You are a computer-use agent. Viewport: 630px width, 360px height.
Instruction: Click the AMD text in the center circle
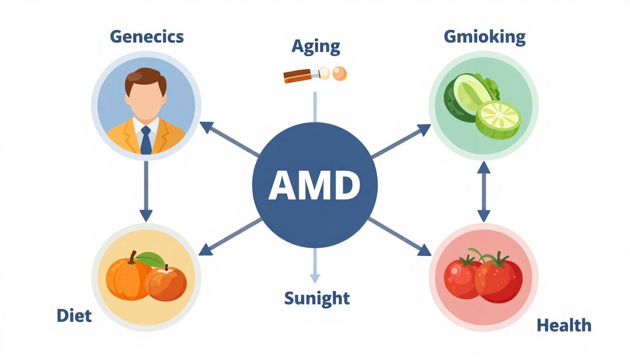pos(315,185)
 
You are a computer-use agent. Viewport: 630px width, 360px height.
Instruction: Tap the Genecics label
pos(147,37)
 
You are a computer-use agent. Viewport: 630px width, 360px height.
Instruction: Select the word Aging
pos(315,46)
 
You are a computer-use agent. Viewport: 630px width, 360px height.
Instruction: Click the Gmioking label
pos(484,37)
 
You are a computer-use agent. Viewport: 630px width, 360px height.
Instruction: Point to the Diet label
pos(74,315)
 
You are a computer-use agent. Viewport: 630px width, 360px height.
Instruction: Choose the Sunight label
pos(316,298)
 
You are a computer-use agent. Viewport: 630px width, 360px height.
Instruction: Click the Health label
pos(564,325)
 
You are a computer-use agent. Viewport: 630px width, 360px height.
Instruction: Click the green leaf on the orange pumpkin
pos(151,258)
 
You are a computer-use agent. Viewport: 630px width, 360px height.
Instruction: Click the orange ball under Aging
pos(339,73)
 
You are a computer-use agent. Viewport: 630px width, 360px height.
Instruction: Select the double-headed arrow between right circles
pos(484,191)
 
